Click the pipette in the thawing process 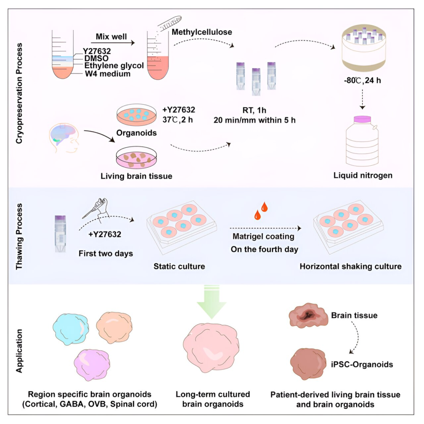(x=95, y=207)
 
